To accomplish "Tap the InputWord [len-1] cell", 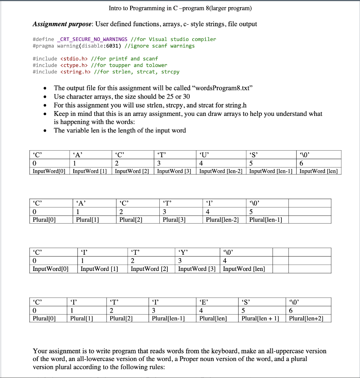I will pyautogui.click(x=271, y=171).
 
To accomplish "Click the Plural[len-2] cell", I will pyautogui.click(x=222, y=220).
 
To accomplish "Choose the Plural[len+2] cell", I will pyautogui.click(x=306, y=318).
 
